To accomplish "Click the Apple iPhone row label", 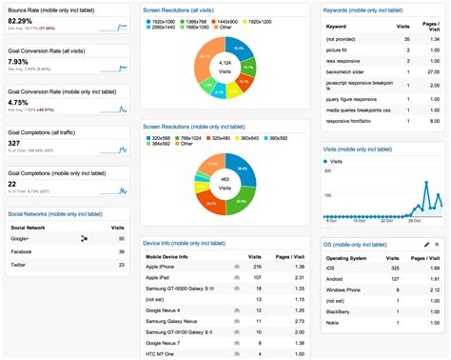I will (x=165, y=268).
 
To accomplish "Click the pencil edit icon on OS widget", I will (x=425, y=245).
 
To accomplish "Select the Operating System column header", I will (x=351, y=257).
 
